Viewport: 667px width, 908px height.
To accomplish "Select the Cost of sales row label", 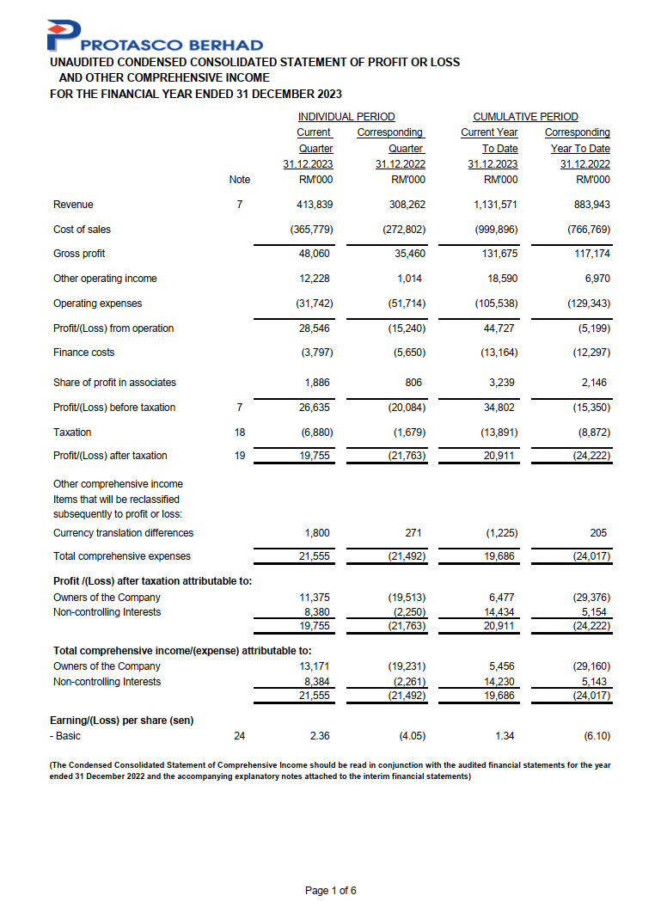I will (x=82, y=230).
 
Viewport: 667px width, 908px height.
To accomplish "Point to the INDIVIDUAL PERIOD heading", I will (x=346, y=117).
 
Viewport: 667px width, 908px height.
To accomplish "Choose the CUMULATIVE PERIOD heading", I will (x=525, y=117).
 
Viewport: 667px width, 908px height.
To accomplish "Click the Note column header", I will (x=240, y=180).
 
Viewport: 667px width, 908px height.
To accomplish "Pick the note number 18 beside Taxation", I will (x=240, y=433).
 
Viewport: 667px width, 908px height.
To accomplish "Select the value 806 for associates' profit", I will (x=415, y=383).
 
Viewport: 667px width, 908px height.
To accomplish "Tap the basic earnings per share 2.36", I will (x=321, y=737).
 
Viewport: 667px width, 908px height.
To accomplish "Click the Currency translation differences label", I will (x=123, y=533).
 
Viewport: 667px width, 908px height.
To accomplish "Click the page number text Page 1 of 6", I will (x=331, y=891).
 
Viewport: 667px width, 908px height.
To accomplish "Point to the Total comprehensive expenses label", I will (x=122, y=556).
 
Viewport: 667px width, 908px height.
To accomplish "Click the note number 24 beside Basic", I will (x=240, y=737).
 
